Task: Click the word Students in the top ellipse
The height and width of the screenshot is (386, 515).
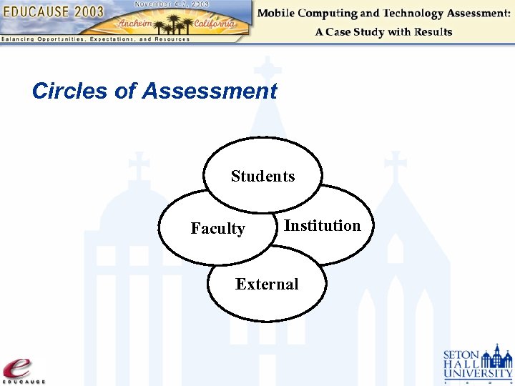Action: point(263,176)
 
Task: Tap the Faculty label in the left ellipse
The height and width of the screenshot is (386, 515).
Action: point(217,229)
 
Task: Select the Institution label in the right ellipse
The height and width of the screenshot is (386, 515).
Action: point(322,226)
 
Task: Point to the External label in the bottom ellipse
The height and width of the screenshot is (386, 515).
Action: point(267,284)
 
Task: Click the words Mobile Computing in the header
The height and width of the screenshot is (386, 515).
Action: point(308,14)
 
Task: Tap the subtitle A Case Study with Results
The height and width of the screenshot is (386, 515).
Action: point(383,31)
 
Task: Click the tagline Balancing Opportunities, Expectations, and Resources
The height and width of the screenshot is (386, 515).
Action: point(95,39)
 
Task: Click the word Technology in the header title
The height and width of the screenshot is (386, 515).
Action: point(413,14)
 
